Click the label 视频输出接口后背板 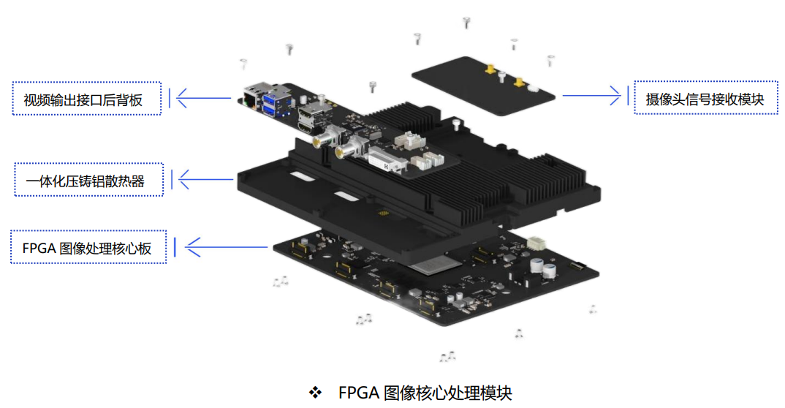point(87,99)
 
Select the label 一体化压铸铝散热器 point(88,180)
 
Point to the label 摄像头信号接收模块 point(704,99)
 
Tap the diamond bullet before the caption point(315,393)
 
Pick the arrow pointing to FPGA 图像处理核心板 point(227,246)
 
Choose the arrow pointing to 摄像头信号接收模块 point(592,95)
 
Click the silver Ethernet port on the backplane point(251,99)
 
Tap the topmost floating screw point(466,22)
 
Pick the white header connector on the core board point(537,243)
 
